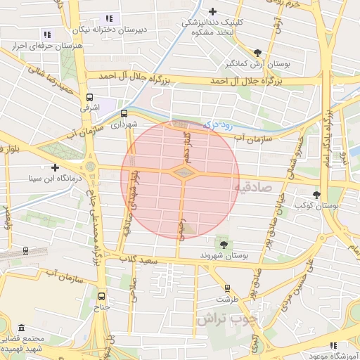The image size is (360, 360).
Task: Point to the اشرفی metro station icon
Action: pyautogui.click(x=89, y=98)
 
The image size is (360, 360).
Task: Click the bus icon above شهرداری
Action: pyautogui.click(x=124, y=112)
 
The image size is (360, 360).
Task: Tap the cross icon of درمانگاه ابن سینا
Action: pyautogui.click(x=55, y=167)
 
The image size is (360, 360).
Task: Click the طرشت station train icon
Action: pyautogui.click(x=226, y=288)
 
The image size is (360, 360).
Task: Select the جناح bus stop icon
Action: pyautogui.click(x=102, y=296)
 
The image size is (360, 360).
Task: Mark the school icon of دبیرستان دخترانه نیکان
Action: pyautogui.click(x=108, y=18)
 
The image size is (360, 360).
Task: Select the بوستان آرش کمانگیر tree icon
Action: pyautogui.click(x=258, y=52)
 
